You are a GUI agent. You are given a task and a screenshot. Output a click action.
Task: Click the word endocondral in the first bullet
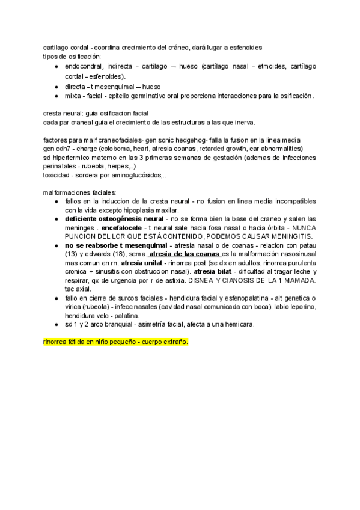pos(84,67)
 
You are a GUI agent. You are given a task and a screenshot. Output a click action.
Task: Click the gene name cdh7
pos(63,149)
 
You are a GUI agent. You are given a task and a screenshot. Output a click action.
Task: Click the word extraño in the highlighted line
pos(174,342)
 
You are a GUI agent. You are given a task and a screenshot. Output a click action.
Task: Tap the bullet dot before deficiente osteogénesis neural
pos(56,220)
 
